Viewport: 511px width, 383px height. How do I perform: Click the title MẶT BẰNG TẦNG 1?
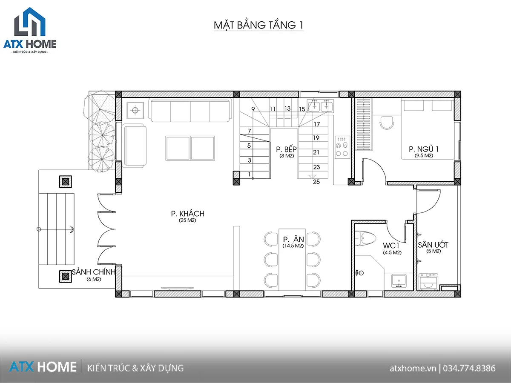258,25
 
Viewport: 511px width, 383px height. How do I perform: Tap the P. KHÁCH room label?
188,214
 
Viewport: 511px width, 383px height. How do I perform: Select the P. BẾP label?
286,149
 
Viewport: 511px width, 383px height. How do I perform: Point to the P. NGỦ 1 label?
424,149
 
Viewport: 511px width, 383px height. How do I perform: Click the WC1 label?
391,246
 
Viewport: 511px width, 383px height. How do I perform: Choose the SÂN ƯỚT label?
433,245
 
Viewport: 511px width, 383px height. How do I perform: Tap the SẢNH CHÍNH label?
94,272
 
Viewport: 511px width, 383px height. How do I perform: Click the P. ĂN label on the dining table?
293,239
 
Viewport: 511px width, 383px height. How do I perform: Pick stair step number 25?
316,182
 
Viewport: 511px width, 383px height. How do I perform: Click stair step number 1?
250,174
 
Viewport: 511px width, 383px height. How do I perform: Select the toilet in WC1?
366,238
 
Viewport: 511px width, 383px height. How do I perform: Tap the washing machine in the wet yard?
428,282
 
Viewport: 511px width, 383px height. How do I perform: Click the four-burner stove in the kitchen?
342,147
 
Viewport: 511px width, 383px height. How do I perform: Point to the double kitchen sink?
320,106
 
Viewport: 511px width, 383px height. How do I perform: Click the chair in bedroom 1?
387,123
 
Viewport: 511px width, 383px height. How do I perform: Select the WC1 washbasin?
399,281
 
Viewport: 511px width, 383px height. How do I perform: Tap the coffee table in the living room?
190,149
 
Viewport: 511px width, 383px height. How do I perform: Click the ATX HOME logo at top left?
30,30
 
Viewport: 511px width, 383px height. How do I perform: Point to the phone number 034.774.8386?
469,369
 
